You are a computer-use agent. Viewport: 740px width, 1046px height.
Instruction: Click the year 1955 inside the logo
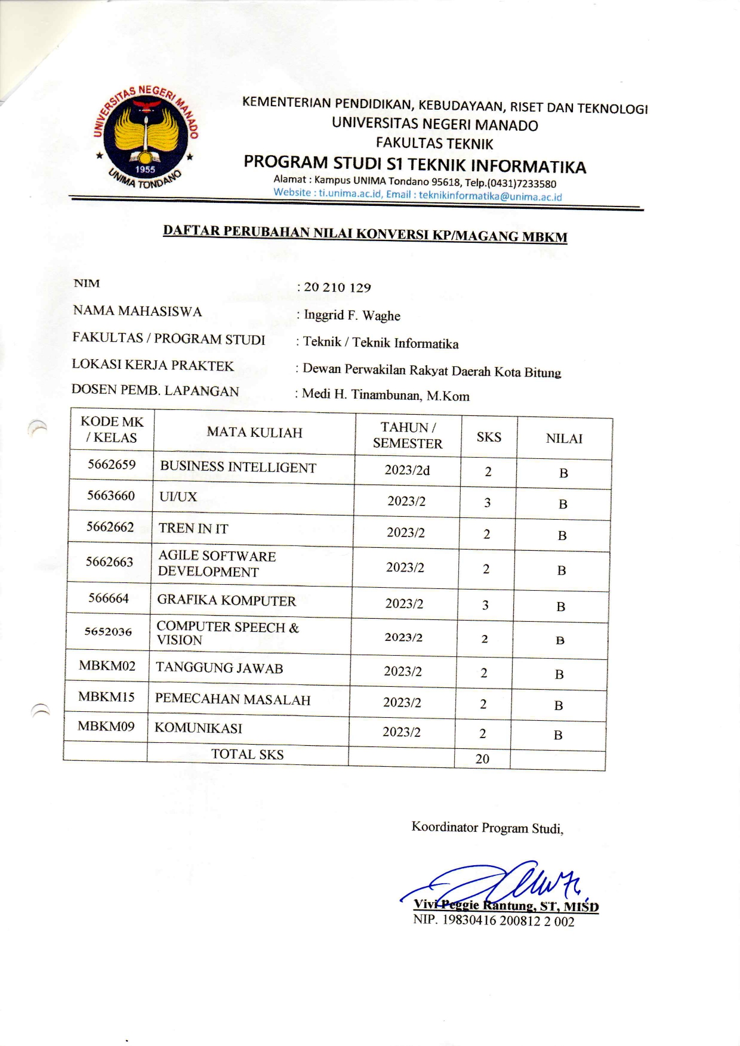coord(145,169)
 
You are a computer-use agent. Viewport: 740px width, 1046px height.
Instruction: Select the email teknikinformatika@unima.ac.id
coord(490,196)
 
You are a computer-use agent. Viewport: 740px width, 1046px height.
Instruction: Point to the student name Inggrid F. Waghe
coord(352,315)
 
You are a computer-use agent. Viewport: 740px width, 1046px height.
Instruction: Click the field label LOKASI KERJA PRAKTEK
coord(153,365)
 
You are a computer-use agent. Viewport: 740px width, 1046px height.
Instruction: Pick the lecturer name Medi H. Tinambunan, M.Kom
coord(386,395)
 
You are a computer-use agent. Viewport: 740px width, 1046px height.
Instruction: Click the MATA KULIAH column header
coord(255,433)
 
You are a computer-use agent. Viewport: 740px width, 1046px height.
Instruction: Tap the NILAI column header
coord(564,439)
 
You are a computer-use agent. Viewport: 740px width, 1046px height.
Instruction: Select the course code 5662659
coord(112,465)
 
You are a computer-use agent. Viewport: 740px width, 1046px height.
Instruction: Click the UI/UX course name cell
coord(178,496)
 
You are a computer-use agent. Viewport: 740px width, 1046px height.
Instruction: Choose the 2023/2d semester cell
coord(407,470)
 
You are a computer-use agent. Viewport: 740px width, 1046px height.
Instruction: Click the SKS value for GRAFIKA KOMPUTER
coord(485,605)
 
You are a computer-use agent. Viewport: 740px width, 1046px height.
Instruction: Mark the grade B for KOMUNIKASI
coord(558,735)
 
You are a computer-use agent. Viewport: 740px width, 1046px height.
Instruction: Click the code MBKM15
coord(106,696)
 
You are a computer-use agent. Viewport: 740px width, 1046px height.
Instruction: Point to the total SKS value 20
coord(482,759)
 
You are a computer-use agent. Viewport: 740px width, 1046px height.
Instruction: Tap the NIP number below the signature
coord(494,921)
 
